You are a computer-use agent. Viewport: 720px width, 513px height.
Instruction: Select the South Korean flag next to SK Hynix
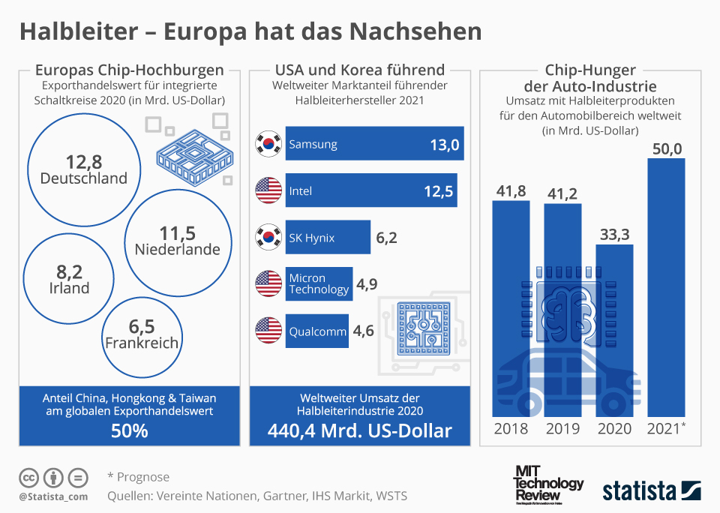click(268, 238)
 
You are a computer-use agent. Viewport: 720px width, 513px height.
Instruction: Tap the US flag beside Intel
click(268, 191)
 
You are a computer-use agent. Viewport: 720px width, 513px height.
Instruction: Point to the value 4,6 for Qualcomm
click(364, 331)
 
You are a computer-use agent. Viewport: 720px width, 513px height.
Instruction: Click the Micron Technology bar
click(319, 284)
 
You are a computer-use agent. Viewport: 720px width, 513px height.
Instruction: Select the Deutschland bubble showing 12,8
click(83, 169)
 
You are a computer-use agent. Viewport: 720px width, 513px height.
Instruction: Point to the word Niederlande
click(178, 249)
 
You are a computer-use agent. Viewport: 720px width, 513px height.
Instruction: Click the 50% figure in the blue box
click(130, 431)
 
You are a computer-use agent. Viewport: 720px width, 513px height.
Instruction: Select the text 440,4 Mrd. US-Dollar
click(360, 431)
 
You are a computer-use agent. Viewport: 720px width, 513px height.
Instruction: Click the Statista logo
click(650, 490)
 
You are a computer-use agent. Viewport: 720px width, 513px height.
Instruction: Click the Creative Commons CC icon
click(29, 477)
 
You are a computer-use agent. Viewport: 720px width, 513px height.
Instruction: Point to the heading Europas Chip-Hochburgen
click(130, 70)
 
